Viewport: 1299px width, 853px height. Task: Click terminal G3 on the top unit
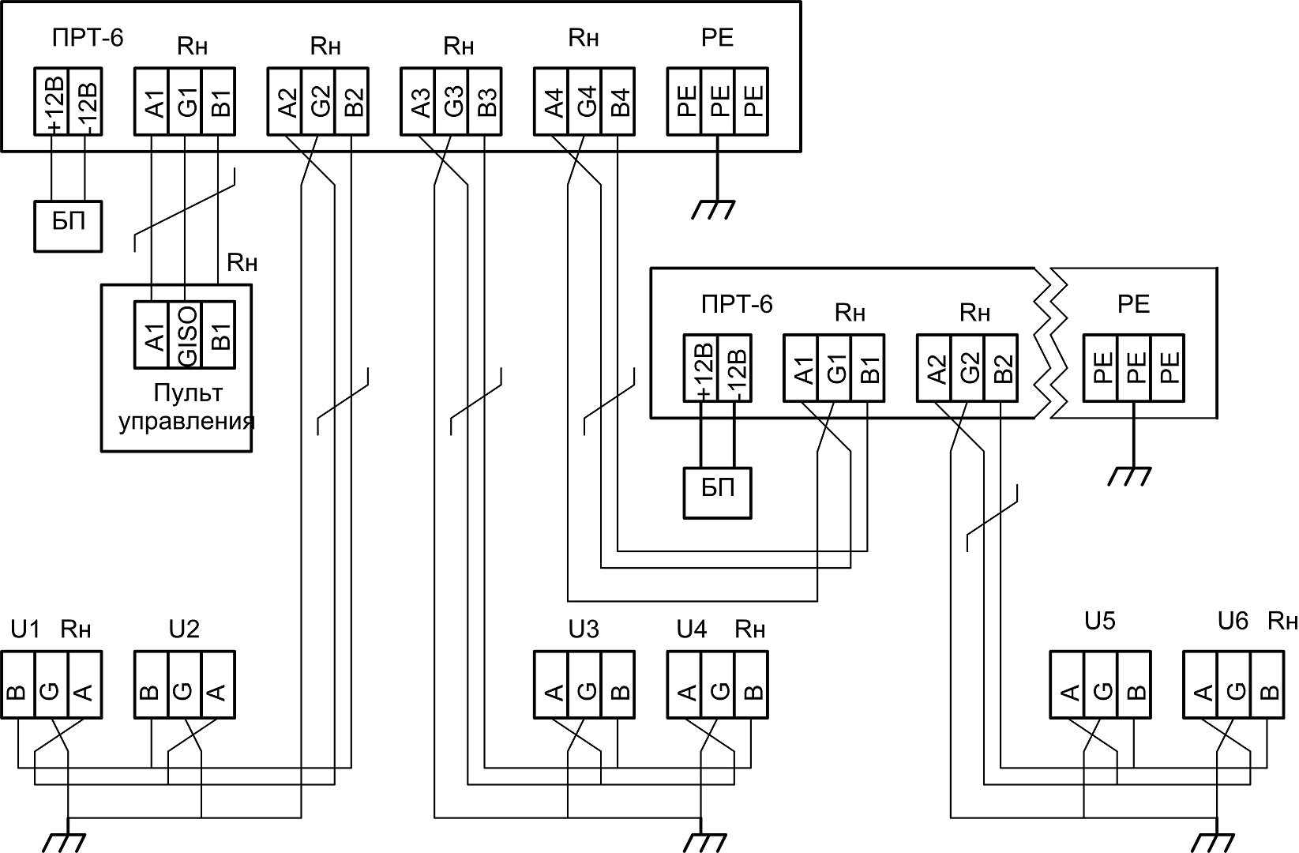tap(451, 101)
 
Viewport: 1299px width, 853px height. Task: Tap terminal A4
tap(551, 101)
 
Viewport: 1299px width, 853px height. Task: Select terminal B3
tap(485, 101)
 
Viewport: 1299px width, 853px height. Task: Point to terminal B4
tap(618, 101)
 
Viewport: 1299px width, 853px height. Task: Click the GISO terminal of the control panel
tap(185, 335)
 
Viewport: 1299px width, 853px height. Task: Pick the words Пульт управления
tap(188, 407)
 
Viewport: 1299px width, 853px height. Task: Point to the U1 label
tap(24, 629)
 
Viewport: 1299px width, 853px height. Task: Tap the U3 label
tap(584, 629)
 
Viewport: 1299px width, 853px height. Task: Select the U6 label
tap(1232, 621)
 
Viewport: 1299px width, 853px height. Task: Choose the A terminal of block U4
tap(685, 685)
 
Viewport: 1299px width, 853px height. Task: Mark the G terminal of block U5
tap(1100, 685)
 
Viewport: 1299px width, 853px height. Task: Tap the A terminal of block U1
tap(84, 685)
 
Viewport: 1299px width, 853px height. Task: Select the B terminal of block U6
tap(1267, 685)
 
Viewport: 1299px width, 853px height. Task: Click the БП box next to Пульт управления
tap(68, 226)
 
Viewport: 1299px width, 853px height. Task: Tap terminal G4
tap(584, 101)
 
